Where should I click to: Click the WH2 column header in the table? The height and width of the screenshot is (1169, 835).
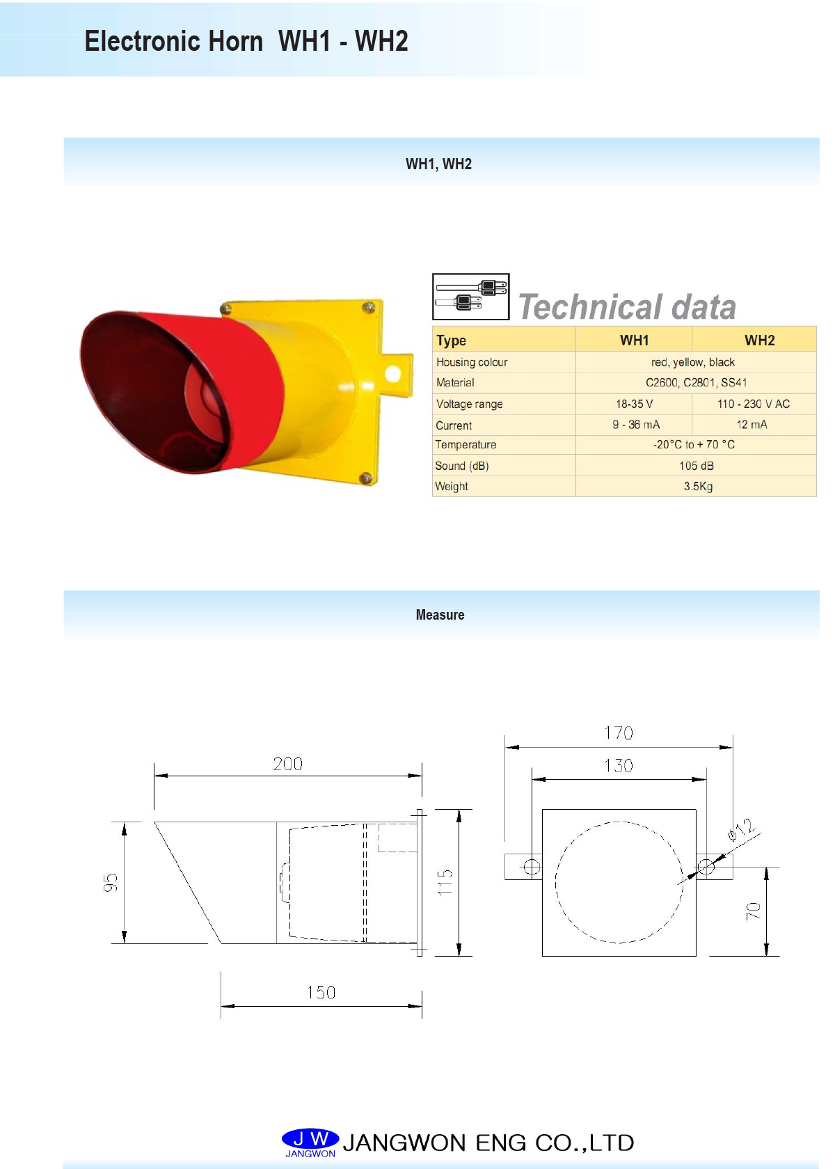click(x=759, y=340)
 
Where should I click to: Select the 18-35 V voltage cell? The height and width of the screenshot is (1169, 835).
click(x=634, y=404)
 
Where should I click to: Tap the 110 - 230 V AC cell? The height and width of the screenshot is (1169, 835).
click(x=753, y=404)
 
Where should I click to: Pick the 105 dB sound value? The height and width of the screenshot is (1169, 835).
click(x=696, y=466)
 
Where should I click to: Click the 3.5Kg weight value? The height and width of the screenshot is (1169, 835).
click(x=698, y=487)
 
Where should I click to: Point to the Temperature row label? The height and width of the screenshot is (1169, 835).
click(x=466, y=445)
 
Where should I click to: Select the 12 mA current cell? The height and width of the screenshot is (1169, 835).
click(x=751, y=425)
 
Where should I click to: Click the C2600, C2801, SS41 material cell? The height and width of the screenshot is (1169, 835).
click(x=696, y=382)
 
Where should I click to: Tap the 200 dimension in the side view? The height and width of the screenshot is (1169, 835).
click(x=287, y=764)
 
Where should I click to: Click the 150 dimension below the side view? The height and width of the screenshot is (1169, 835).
click(x=321, y=993)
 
